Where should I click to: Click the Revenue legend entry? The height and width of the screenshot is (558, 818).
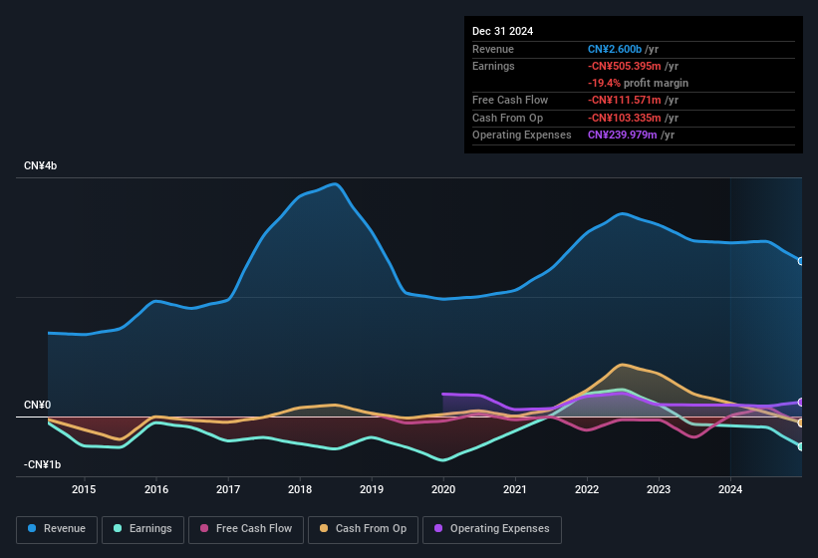[x=57, y=528]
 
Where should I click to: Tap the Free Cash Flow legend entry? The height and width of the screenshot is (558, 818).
[x=245, y=528]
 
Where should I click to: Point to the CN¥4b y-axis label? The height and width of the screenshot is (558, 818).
[x=41, y=165]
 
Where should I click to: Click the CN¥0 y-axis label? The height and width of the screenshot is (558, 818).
[x=37, y=405]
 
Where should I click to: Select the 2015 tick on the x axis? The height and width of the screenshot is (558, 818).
[x=84, y=489]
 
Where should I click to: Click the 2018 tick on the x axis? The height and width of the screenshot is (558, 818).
[x=300, y=489]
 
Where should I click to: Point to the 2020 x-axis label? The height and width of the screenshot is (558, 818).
[x=443, y=489]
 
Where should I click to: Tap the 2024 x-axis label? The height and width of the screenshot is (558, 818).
[x=730, y=489]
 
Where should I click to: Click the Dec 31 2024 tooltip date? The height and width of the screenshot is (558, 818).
[x=502, y=31]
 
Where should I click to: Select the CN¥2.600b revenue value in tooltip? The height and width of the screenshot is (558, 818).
[x=616, y=49]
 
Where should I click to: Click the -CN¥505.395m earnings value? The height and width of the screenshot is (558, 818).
[x=624, y=66]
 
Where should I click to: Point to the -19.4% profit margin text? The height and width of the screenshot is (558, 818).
[x=638, y=83]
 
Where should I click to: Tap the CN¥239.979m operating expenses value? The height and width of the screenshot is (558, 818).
[x=623, y=135]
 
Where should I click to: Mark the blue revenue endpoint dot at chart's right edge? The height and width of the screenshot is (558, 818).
[x=801, y=261]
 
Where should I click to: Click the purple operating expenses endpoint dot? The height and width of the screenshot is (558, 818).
[x=801, y=403]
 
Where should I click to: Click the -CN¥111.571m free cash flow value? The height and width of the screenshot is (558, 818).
[x=624, y=100]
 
